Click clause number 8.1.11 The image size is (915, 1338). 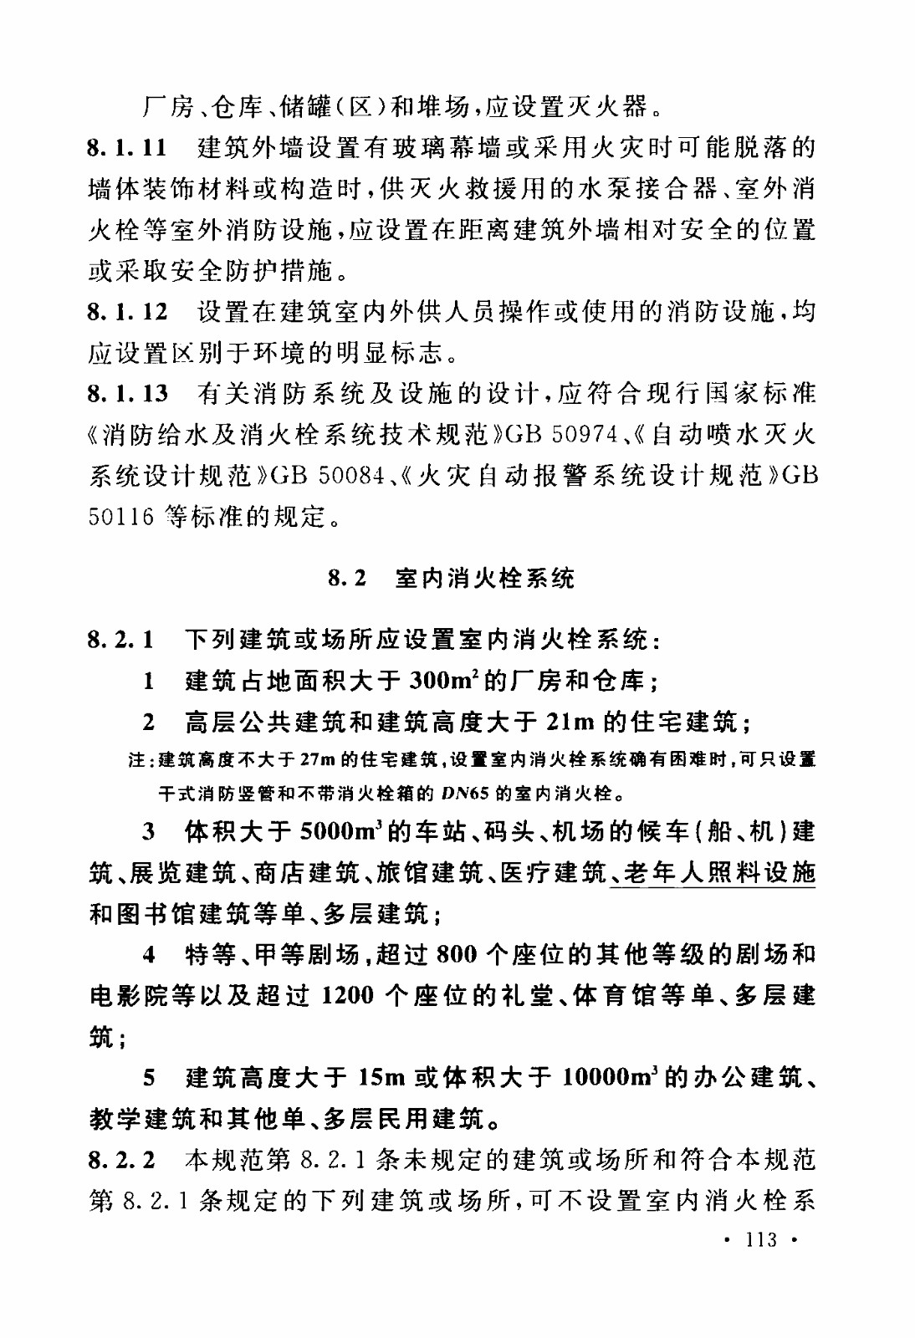(127, 149)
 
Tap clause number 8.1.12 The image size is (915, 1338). (127, 313)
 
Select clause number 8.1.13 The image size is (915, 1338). (127, 394)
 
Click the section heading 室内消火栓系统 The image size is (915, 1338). (484, 579)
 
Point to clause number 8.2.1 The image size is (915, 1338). (120, 641)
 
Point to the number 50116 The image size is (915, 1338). (121, 517)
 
